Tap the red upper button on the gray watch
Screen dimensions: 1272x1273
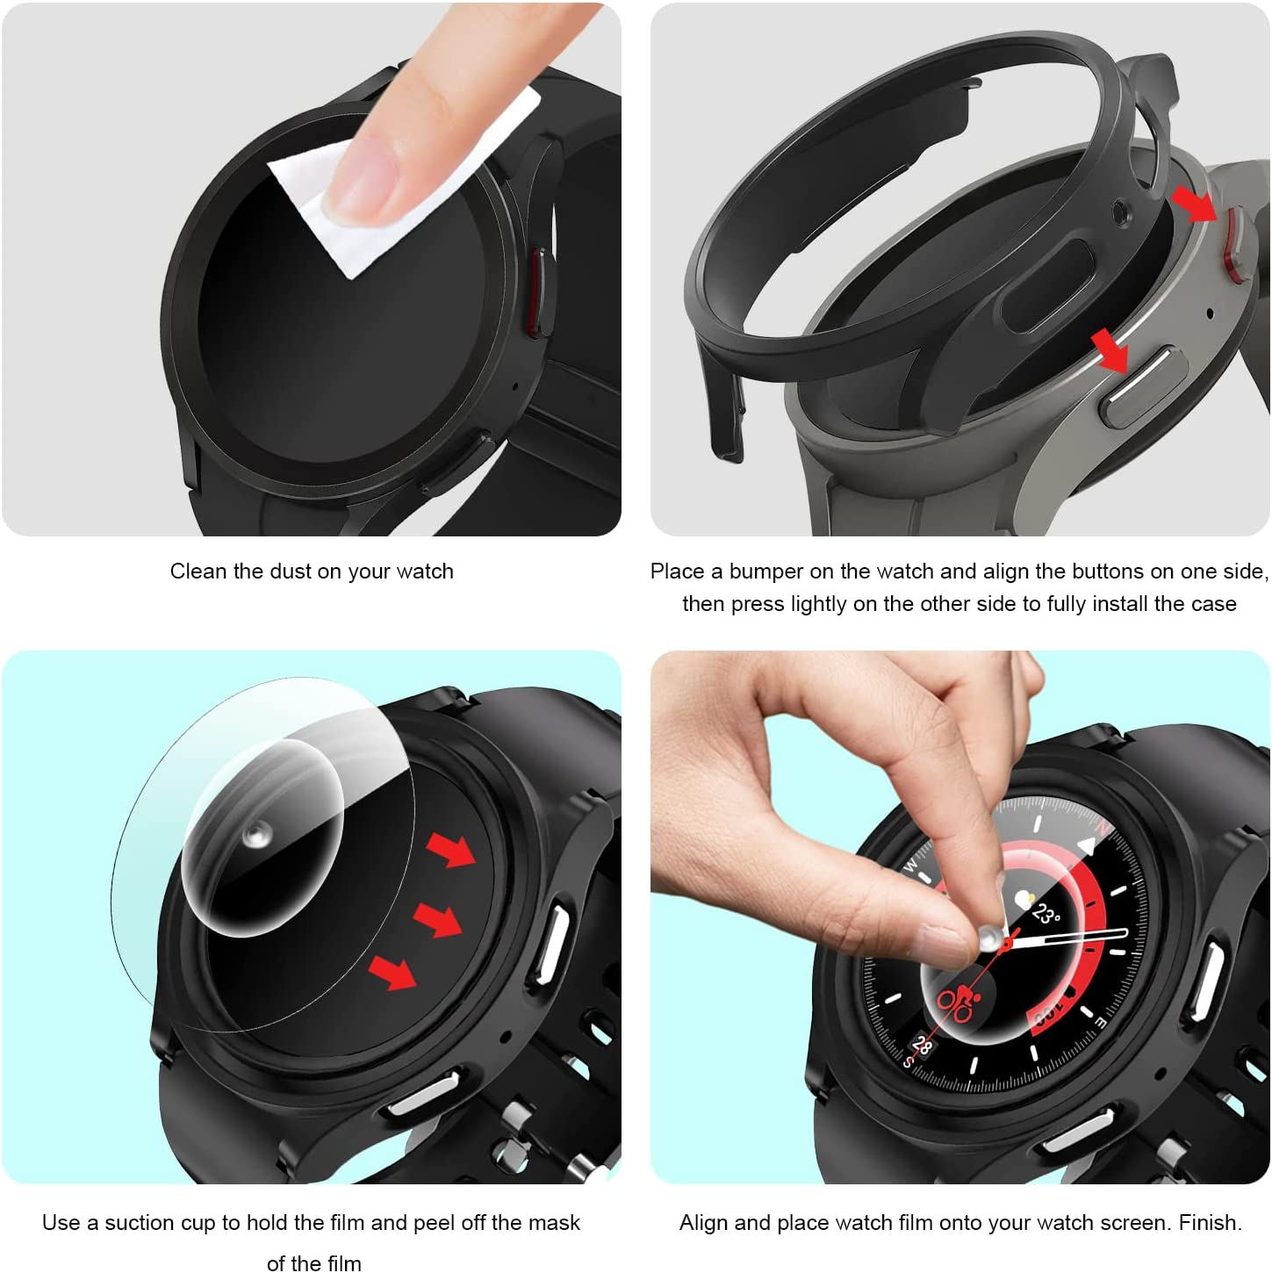click(x=1230, y=244)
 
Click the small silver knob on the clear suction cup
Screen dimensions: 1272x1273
click(x=255, y=835)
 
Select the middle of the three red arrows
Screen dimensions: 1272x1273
click(x=437, y=919)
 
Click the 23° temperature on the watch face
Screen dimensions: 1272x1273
click(x=1046, y=914)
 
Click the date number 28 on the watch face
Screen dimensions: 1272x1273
click(x=921, y=1045)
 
